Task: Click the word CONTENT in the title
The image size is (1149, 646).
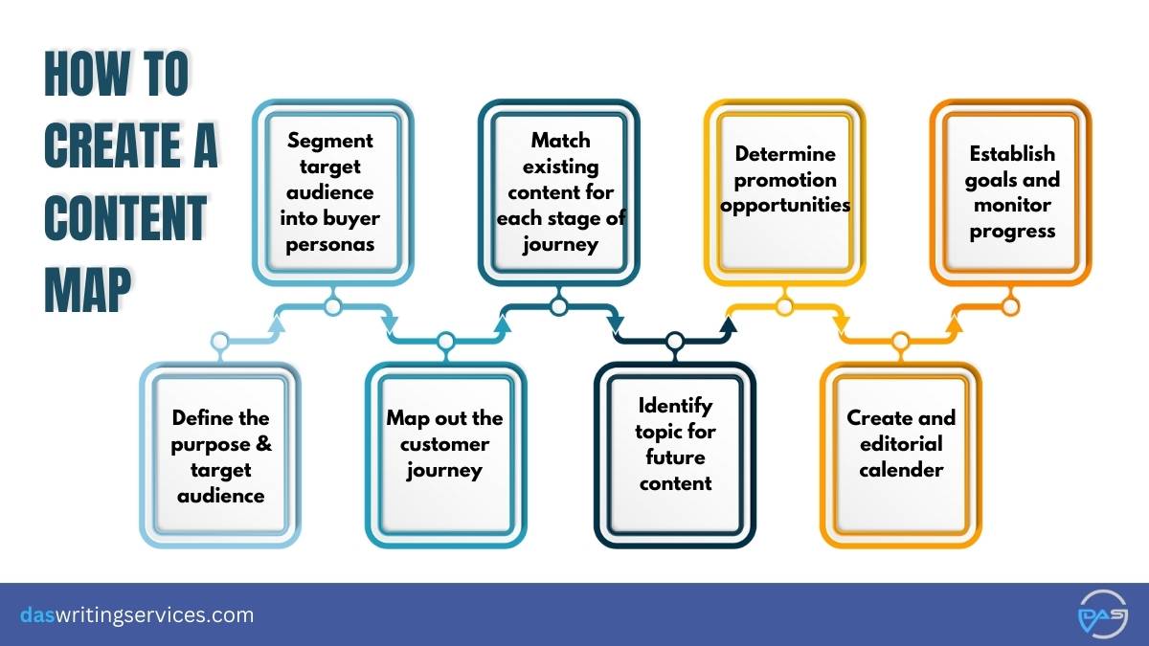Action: (x=125, y=218)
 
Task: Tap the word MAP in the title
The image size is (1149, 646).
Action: (x=87, y=290)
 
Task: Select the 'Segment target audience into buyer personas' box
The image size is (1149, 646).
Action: (x=333, y=192)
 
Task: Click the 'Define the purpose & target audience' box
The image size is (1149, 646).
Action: (x=220, y=456)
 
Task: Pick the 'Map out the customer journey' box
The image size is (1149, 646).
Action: (x=446, y=456)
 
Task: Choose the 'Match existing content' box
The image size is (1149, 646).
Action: (x=558, y=192)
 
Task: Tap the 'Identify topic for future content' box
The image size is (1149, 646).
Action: (x=675, y=456)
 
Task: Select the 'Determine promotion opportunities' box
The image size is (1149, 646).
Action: (x=785, y=192)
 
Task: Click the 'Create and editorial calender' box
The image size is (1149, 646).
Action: (x=901, y=456)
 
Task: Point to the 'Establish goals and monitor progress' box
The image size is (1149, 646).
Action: (x=1010, y=192)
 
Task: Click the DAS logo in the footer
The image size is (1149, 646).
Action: (x=1103, y=614)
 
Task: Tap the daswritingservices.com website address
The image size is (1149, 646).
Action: (x=137, y=614)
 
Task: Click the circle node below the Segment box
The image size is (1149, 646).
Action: (x=333, y=307)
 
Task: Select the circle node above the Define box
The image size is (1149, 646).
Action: (x=220, y=341)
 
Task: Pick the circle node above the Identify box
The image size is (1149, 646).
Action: (x=675, y=341)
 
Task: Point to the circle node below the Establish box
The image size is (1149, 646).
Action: (x=1010, y=307)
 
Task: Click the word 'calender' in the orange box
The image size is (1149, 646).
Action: (x=901, y=470)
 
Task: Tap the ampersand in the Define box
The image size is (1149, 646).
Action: (x=263, y=443)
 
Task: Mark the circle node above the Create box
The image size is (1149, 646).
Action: (x=901, y=341)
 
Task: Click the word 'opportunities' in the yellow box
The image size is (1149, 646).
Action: (x=785, y=206)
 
